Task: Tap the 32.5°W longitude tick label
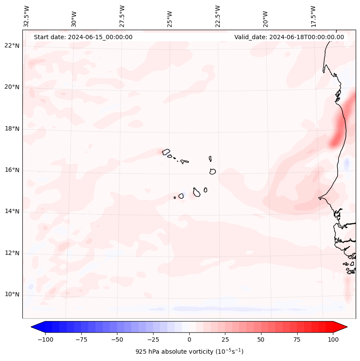27,16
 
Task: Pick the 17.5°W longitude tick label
313,16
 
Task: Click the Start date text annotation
83,37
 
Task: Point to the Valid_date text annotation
289,37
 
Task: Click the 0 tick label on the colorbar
189,339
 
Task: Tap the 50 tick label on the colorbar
261,339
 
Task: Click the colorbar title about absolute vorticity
189,352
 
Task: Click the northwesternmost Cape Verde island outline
166,151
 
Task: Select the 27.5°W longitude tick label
122,16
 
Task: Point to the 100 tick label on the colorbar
333,339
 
